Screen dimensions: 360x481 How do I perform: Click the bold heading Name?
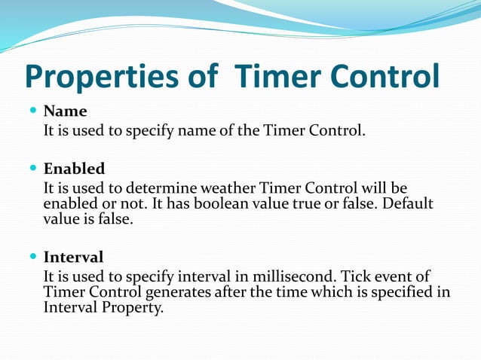point(65,111)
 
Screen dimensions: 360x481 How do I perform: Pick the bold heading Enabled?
point(74,168)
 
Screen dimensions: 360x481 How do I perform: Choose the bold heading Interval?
point(73,257)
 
